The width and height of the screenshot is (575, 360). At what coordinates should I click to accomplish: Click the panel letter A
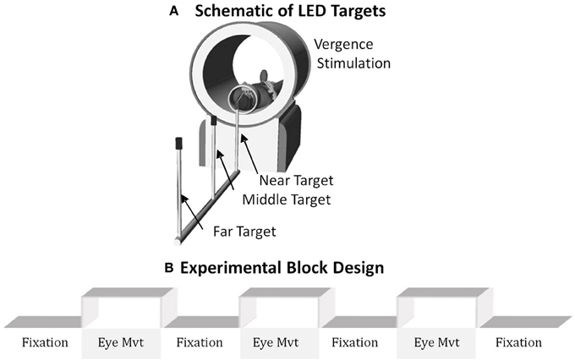tap(175, 11)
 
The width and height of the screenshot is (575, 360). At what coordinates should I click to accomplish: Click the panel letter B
tap(169, 268)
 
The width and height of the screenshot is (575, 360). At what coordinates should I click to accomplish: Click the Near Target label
tap(296, 179)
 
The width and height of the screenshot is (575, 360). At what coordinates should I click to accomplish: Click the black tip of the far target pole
tap(178, 143)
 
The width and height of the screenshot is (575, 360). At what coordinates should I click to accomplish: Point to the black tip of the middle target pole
tap(214, 122)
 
